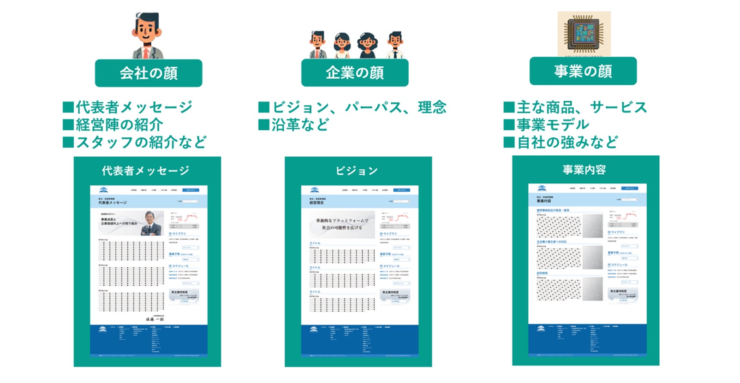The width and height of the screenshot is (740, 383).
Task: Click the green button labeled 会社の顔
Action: pos(149,73)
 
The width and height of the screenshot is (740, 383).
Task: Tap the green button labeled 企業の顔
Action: pos(355,72)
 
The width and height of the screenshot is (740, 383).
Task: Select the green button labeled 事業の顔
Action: pos(583,71)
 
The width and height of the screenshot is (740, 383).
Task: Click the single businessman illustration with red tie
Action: pos(147,36)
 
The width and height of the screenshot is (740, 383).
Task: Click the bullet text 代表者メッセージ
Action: pos(134,107)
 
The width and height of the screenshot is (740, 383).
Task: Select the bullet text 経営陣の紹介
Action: pos(119,124)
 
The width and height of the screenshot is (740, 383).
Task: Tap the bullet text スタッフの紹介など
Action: pos(141,142)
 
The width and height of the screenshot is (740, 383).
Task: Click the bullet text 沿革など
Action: pos(300,124)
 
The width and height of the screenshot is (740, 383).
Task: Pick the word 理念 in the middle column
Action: pos(432,107)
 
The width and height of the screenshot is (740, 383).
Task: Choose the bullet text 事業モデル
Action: pos(553,124)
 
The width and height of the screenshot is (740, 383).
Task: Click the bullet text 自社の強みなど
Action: pos(567,142)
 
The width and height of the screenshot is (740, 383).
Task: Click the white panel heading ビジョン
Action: pos(357,171)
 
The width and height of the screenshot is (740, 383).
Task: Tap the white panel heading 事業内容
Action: pos(584,170)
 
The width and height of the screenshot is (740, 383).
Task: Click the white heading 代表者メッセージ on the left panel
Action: pos(145,171)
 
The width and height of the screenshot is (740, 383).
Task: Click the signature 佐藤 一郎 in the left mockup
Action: pos(155,319)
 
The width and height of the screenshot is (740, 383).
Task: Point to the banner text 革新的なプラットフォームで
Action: pos(342,221)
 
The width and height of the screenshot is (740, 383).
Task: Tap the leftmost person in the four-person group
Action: pos(318,45)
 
